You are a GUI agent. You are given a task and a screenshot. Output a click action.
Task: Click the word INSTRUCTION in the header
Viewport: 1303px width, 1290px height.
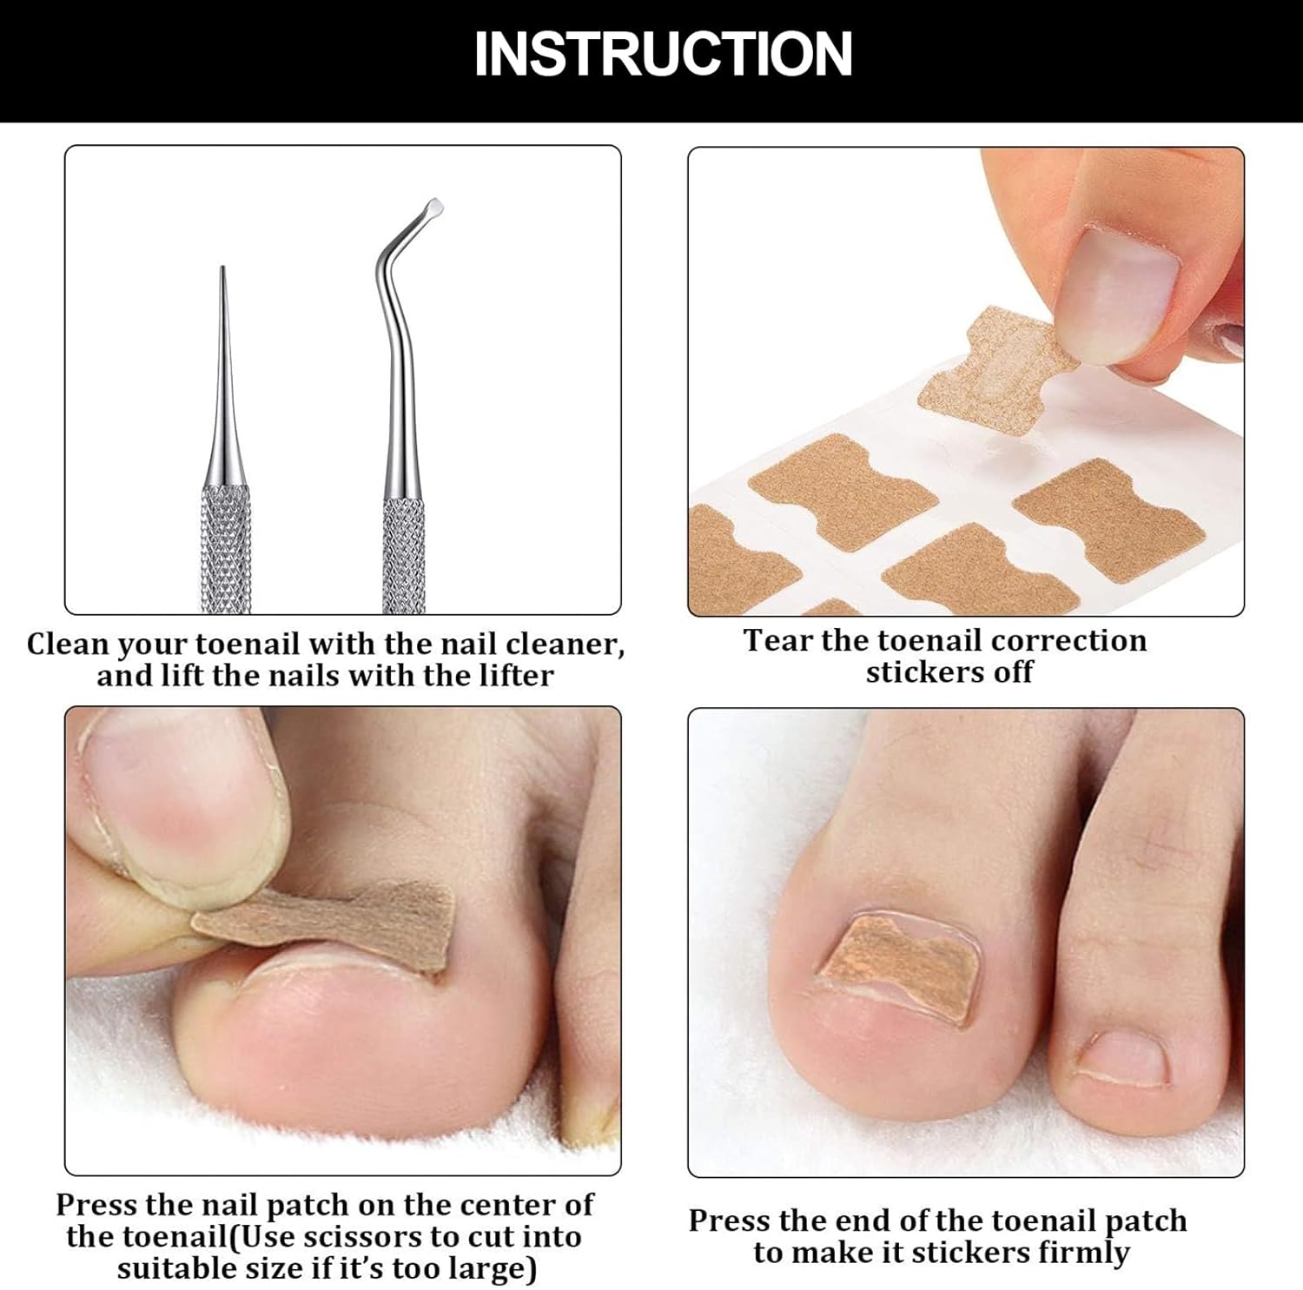click(x=663, y=54)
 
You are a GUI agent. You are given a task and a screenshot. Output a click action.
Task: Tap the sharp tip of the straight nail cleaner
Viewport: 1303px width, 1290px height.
click(x=222, y=268)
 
